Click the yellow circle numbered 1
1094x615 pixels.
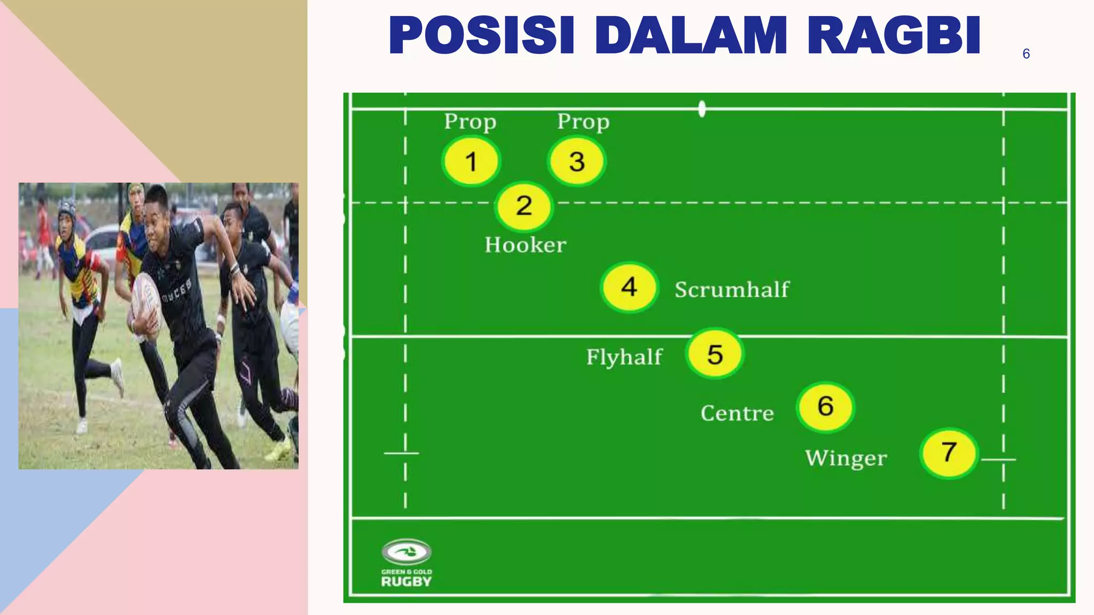[471, 161]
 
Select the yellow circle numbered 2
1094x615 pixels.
[524, 206]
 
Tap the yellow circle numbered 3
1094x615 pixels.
[576, 161]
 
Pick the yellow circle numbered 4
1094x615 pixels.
[629, 287]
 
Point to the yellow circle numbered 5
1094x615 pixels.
[715, 354]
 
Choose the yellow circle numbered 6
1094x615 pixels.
[825, 406]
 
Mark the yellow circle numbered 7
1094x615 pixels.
[949, 453]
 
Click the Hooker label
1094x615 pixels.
[525, 245]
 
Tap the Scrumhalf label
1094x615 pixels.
[732, 289]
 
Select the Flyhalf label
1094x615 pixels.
[624, 357]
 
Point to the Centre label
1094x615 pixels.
[737, 413]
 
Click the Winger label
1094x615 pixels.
[846, 458]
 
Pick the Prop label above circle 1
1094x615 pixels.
[470, 122]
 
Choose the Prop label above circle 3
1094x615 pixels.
[583, 122]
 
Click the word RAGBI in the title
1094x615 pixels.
[894, 35]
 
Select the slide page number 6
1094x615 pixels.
[1026, 53]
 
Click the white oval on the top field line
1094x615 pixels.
[702, 109]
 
